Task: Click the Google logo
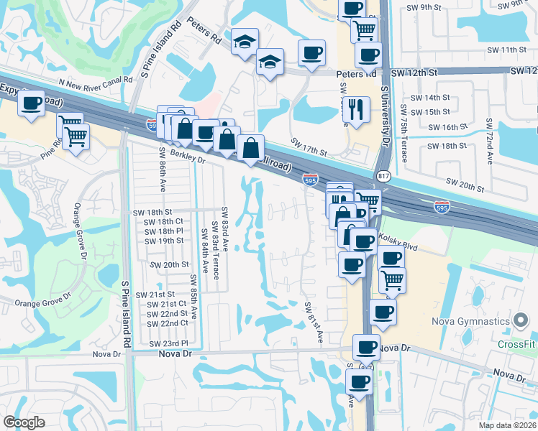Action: click(24, 422)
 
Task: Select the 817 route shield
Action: click(383, 176)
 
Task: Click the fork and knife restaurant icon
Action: click(356, 109)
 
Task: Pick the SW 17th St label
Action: click(309, 147)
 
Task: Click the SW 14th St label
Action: click(429, 97)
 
